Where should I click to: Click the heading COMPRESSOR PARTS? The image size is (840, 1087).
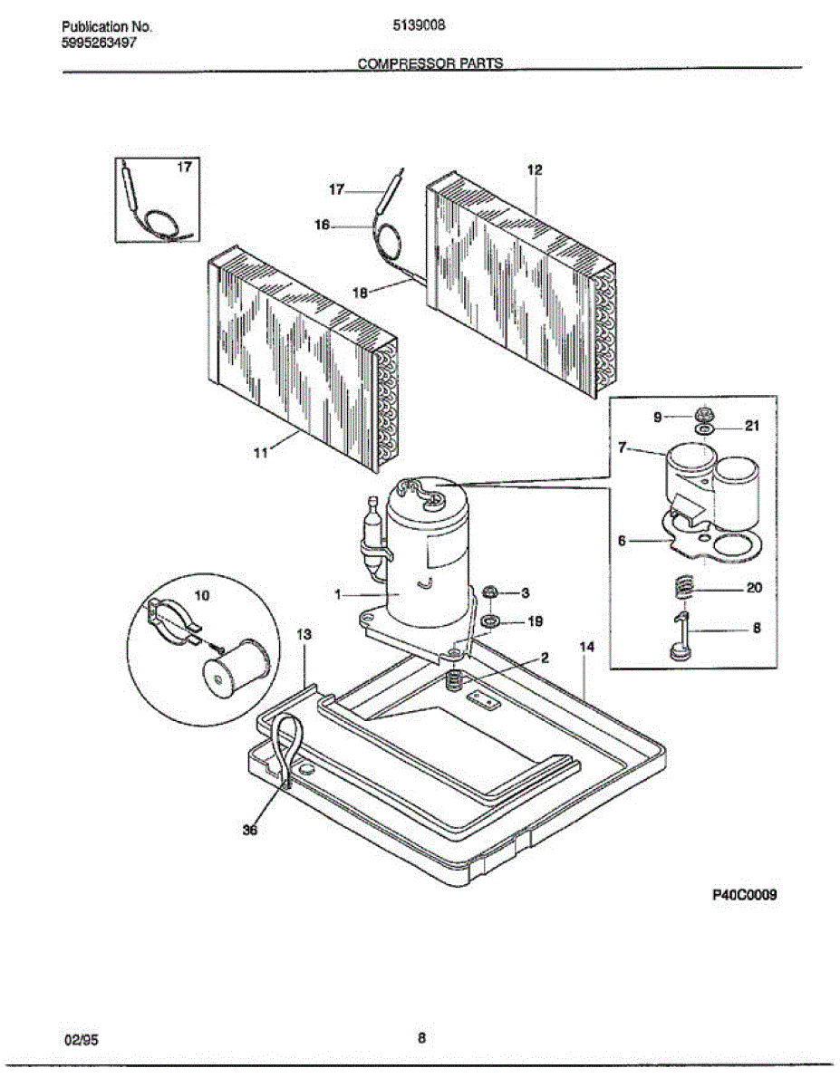[x=430, y=64]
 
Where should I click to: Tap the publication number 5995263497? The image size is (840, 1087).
[x=100, y=43]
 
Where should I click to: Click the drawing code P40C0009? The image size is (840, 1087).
[x=745, y=894]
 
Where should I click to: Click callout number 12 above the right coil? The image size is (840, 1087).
[x=535, y=169]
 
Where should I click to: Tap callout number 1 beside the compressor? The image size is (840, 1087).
[x=339, y=595]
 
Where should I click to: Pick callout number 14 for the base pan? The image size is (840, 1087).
[x=587, y=647]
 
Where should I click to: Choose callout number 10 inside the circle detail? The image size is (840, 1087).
[x=201, y=595]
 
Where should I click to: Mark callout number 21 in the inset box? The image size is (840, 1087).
[x=752, y=427]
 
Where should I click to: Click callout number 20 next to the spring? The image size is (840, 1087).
[x=754, y=588]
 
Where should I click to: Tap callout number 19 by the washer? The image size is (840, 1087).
[x=536, y=621]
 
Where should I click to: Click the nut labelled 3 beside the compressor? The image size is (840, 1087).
[x=490, y=593]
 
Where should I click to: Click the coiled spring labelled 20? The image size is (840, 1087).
[x=685, y=590]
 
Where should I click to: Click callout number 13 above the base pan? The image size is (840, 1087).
[x=304, y=635]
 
